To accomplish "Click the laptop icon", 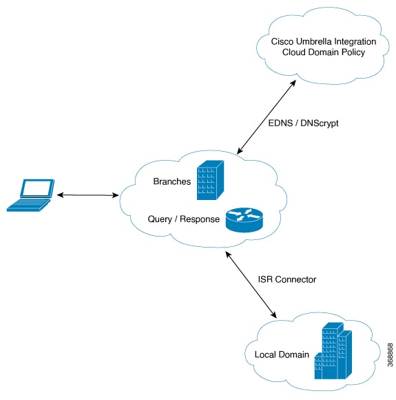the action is tap(30, 195).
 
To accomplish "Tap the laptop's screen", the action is tap(38, 188).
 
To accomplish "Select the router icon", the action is tap(244, 220).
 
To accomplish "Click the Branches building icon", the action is tap(210, 180).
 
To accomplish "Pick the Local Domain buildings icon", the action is tap(333, 351).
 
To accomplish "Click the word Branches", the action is tap(172, 181).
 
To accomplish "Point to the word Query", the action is tap(160, 219).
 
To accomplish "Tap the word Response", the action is tap(200, 219).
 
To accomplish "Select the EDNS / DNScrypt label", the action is tap(303, 123).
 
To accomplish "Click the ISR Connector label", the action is tap(287, 279).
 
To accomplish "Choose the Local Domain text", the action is tap(282, 354).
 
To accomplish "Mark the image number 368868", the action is tap(390, 355).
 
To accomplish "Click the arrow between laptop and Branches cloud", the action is tap(87, 195).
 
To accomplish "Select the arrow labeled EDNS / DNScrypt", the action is tap(267, 117).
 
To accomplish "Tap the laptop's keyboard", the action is tap(28, 205).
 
